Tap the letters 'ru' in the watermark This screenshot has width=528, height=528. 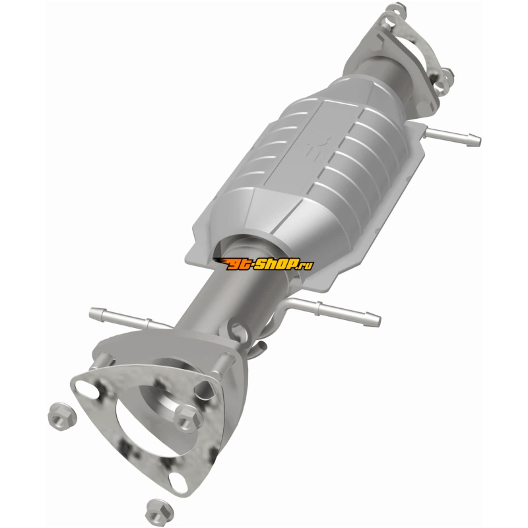click(308, 266)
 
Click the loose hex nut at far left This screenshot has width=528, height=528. click(62, 417)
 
